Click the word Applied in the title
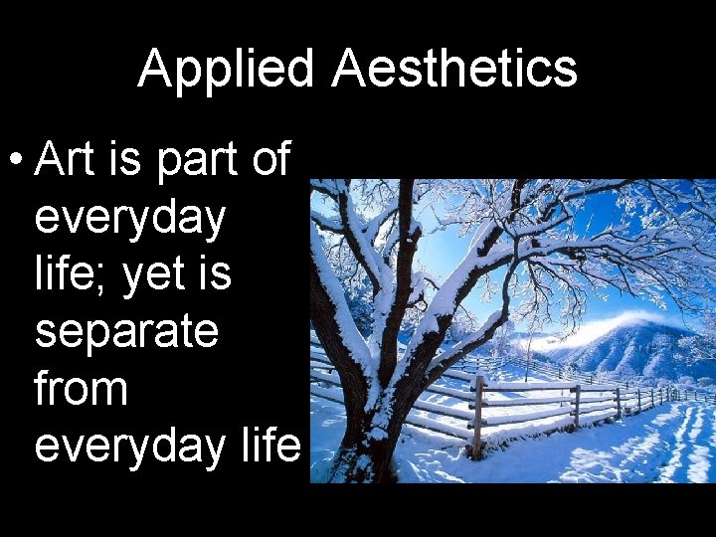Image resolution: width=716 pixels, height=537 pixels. pyautogui.click(x=225, y=70)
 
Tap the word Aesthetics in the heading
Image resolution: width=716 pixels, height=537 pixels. pyautogui.click(x=454, y=70)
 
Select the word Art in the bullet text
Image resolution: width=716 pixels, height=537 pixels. pyautogui.click(x=69, y=159)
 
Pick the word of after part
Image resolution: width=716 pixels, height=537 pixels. pyautogui.click(x=270, y=159)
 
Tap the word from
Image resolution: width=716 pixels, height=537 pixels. pyautogui.click(x=81, y=388)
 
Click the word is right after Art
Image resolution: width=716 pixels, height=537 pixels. pyautogui.click(x=125, y=159)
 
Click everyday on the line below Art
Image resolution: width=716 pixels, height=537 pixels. pyautogui.click(x=130, y=219)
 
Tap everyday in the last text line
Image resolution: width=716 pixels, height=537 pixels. pyautogui.click(x=130, y=447)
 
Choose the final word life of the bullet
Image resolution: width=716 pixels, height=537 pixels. pyautogui.click(x=269, y=445)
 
